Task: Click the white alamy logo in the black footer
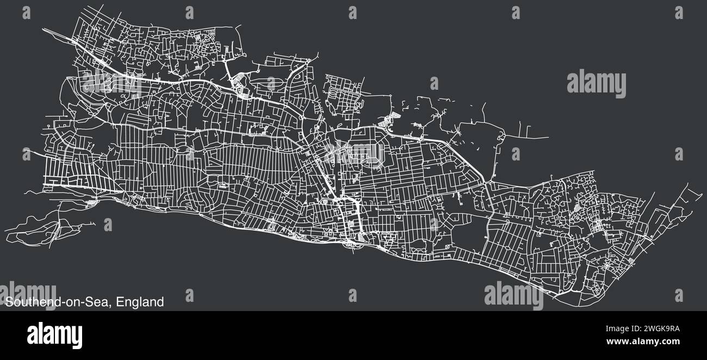coord(54,335)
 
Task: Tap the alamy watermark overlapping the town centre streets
coord(353,154)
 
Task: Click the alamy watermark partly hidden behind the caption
coord(30,294)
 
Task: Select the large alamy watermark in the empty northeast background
coord(596,83)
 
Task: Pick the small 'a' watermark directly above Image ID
coord(679,295)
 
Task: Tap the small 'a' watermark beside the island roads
coord(108,225)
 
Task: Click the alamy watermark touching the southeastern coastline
coord(513,295)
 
